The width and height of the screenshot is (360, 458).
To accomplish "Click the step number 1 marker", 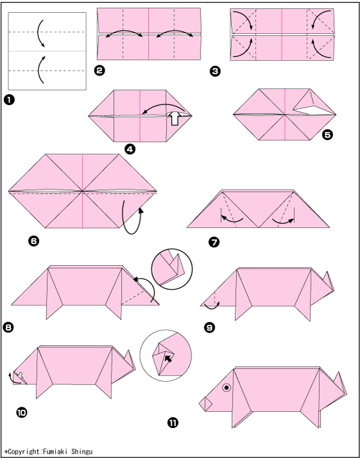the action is [x=10, y=100].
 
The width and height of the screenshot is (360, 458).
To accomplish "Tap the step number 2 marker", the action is [x=100, y=71].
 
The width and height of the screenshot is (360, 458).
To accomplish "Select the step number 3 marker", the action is [x=215, y=72].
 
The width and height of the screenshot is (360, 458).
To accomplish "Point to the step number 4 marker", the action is [x=130, y=149].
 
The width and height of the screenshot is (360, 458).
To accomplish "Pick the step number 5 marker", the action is [x=327, y=135].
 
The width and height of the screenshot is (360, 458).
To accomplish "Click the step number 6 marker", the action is [x=33, y=241].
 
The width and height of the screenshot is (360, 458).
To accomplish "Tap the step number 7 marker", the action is [x=214, y=242].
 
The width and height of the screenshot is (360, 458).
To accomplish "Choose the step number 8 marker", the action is [x=8, y=327].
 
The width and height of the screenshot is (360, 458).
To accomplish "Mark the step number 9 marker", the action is [x=209, y=328].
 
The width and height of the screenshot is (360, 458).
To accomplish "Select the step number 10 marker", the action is [x=21, y=413].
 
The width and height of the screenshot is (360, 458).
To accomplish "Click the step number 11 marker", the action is [x=173, y=423].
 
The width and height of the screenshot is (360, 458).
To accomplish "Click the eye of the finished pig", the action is [x=227, y=388].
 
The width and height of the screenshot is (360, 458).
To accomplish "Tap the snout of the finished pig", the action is [x=206, y=404].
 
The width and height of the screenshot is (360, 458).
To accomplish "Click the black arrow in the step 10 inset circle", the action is [x=168, y=358].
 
